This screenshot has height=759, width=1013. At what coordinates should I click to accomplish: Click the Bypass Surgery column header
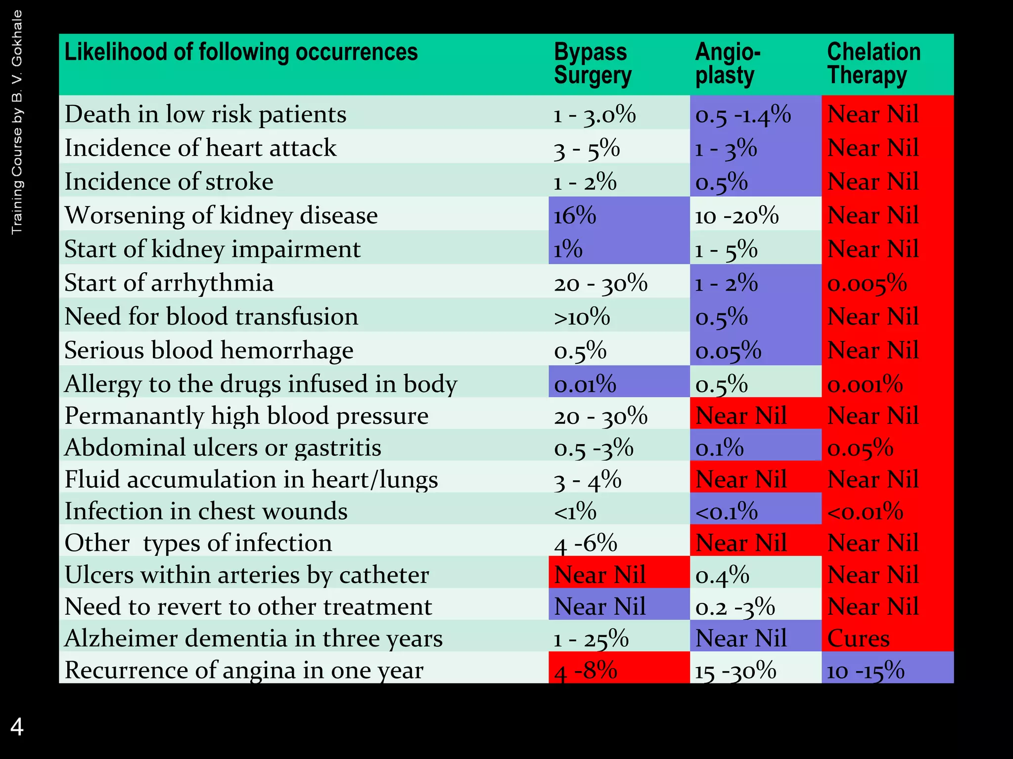point(592,64)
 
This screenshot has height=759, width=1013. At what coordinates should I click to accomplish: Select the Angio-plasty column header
point(727,64)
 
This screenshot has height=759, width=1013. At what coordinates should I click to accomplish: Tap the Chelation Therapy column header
point(874,64)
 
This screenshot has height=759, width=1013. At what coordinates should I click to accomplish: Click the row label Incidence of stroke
point(169,181)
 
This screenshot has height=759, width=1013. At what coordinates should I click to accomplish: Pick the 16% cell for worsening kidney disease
point(575,215)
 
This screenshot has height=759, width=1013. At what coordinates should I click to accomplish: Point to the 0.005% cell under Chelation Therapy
point(867,283)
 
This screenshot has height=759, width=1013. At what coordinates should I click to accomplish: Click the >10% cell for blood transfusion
point(582,317)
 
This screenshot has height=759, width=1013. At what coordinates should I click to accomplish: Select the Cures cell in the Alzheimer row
point(858,638)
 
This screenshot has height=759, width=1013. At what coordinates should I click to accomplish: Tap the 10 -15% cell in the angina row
point(866,671)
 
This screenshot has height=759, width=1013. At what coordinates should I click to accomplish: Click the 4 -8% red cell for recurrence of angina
point(586,671)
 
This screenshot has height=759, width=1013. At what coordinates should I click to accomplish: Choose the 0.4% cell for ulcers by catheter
point(722,575)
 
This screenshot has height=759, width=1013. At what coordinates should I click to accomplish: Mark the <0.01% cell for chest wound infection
point(865,511)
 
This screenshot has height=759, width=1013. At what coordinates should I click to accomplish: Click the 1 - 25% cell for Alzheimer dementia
point(591,638)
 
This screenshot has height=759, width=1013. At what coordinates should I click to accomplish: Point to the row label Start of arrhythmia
point(169,283)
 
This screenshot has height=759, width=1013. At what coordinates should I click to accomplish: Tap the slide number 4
point(17,727)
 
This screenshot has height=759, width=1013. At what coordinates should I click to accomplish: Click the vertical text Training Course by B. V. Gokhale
point(17,122)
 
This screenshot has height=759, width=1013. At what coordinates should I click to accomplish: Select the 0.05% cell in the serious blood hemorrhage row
point(728,350)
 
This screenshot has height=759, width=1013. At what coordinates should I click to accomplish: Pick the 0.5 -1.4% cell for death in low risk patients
point(743,114)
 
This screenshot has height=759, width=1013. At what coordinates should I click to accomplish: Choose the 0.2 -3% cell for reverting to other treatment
point(735,606)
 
